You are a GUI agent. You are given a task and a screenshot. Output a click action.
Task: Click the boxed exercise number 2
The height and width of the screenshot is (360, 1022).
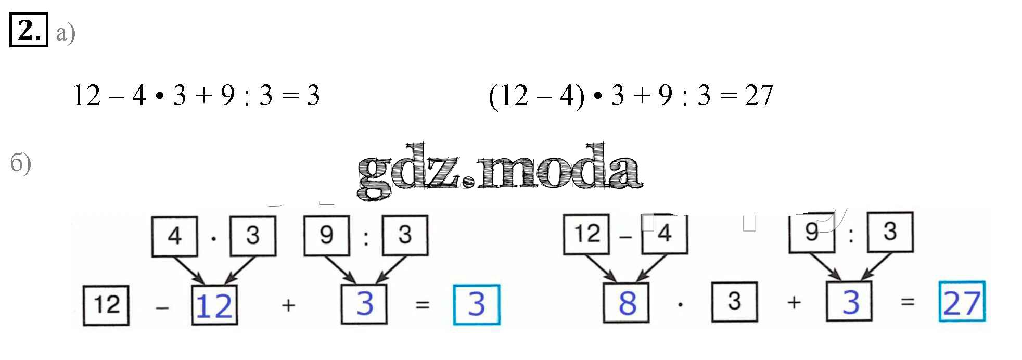29,30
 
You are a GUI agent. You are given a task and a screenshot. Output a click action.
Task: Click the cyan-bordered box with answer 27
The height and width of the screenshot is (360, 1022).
962,302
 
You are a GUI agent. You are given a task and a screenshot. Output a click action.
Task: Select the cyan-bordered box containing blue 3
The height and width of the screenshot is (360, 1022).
477,304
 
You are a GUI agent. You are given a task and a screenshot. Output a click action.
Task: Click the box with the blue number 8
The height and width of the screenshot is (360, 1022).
627,303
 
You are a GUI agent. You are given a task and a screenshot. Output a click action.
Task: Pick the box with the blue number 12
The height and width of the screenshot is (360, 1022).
214,305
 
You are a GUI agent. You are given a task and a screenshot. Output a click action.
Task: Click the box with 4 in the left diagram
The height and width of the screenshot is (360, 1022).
174,236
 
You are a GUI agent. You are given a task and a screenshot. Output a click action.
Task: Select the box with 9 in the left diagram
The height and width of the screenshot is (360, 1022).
326,235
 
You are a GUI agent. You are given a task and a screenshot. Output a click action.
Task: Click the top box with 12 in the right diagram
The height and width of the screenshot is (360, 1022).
586,234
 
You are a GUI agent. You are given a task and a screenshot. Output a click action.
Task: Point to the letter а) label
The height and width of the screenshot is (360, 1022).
66,34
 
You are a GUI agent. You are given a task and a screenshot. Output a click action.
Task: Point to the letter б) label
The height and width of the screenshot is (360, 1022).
21,164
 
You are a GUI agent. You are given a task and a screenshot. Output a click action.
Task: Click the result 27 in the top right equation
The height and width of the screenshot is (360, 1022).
758,96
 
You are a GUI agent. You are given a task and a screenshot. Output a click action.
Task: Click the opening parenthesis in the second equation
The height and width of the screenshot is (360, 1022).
493,97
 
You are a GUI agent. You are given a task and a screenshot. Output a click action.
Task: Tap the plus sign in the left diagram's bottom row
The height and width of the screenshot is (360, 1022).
288,305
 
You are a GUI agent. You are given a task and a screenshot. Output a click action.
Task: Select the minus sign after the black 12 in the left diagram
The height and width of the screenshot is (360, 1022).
162,307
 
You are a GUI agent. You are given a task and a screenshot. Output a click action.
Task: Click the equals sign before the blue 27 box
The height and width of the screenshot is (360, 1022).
908,302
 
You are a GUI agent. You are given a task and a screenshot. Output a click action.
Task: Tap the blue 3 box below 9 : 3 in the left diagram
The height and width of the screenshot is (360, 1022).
364,304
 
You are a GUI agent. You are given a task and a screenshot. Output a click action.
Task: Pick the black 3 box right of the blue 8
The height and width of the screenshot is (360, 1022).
734,302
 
